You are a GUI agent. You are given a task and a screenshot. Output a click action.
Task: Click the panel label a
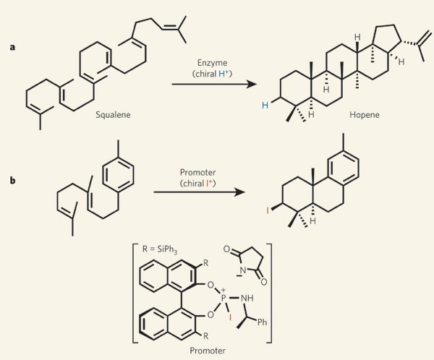[x=12, y=48]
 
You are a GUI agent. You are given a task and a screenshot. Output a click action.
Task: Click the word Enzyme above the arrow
[x=214, y=64]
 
